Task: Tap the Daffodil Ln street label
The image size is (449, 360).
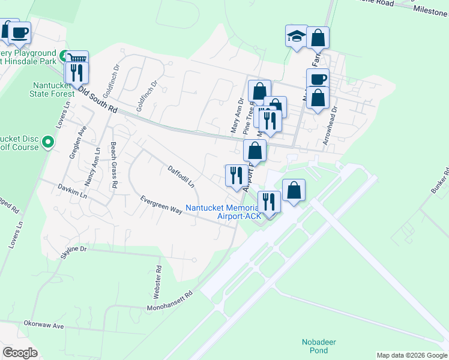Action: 181,176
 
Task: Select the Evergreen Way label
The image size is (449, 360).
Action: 161,205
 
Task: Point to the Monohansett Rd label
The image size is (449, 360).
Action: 172,302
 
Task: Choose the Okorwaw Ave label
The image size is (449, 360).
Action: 43,325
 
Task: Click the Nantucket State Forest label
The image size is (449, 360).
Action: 52,89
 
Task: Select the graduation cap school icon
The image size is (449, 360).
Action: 296,37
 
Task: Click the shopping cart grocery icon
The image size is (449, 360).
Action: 78,58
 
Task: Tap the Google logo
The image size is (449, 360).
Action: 20,353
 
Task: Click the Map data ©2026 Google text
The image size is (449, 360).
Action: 411,355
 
